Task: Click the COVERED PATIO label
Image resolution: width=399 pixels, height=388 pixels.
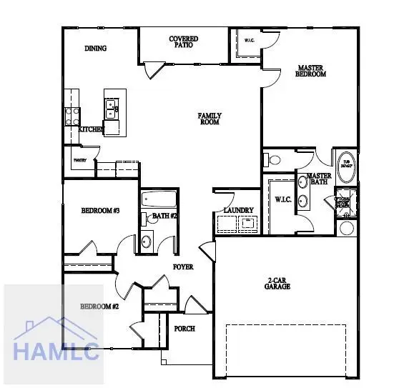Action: (x=184, y=41)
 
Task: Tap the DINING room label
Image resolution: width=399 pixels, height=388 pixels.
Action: (x=95, y=49)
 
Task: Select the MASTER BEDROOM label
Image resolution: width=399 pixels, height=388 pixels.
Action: (x=311, y=71)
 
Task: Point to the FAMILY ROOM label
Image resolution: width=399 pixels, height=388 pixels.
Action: (x=210, y=119)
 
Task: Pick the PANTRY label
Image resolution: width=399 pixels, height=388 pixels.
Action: (x=79, y=161)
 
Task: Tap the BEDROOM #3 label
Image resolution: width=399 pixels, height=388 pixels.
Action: (x=99, y=210)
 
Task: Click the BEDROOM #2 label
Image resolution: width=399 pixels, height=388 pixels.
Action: (x=99, y=306)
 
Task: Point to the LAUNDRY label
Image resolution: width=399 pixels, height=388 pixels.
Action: (x=238, y=209)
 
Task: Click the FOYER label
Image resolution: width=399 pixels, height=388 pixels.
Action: (x=183, y=267)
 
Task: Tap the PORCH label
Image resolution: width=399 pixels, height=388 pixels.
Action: (x=184, y=329)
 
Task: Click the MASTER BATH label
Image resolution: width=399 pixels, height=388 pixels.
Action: (x=318, y=179)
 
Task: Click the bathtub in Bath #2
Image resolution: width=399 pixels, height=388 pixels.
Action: (x=158, y=199)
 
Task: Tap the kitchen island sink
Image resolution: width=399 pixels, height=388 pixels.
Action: (x=112, y=109)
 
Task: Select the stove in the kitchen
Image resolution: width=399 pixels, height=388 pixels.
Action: (x=72, y=115)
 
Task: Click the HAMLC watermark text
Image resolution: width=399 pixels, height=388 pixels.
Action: (x=54, y=350)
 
